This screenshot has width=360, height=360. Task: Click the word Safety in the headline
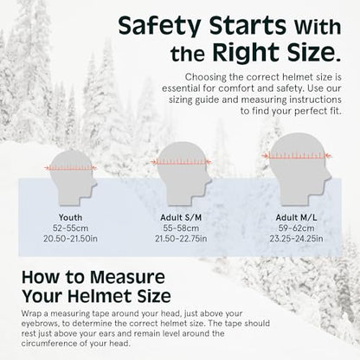(x=159, y=27)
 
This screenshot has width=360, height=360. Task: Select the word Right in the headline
(x=246, y=52)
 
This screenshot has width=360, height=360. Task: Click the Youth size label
(x=70, y=217)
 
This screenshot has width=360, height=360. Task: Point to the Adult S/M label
(x=181, y=217)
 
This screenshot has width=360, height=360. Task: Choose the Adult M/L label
(x=296, y=217)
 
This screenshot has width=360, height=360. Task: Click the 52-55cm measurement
(x=70, y=228)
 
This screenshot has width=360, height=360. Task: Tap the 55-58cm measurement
(x=181, y=228)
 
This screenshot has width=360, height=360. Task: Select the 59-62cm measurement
(x=296, y=228)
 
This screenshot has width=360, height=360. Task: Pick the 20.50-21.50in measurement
(x=70, y=239)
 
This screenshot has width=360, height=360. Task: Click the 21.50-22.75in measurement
(x=181, y=239)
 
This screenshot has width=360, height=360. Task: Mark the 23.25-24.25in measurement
(x=296, y=239)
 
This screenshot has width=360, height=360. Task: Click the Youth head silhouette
(x=72, y=177)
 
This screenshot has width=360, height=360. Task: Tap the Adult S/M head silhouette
(x=182, y=173)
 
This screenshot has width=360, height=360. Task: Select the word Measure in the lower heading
(x=127, y=277)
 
